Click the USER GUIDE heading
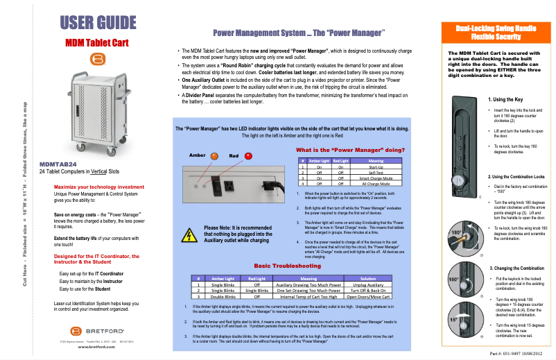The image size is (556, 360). pyautogui.click(x=98, y=22)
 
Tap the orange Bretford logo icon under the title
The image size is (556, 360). pyautogui.click(x=97, y=60)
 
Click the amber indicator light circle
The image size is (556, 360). pyautogui.click(x=214, y=156)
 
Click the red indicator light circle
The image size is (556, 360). pyautogui.click(x=248, y=156)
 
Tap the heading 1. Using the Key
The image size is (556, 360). pyautogui.click(x=507, y=99)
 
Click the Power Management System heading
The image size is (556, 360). pyautogui.click(x=299, y=33)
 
